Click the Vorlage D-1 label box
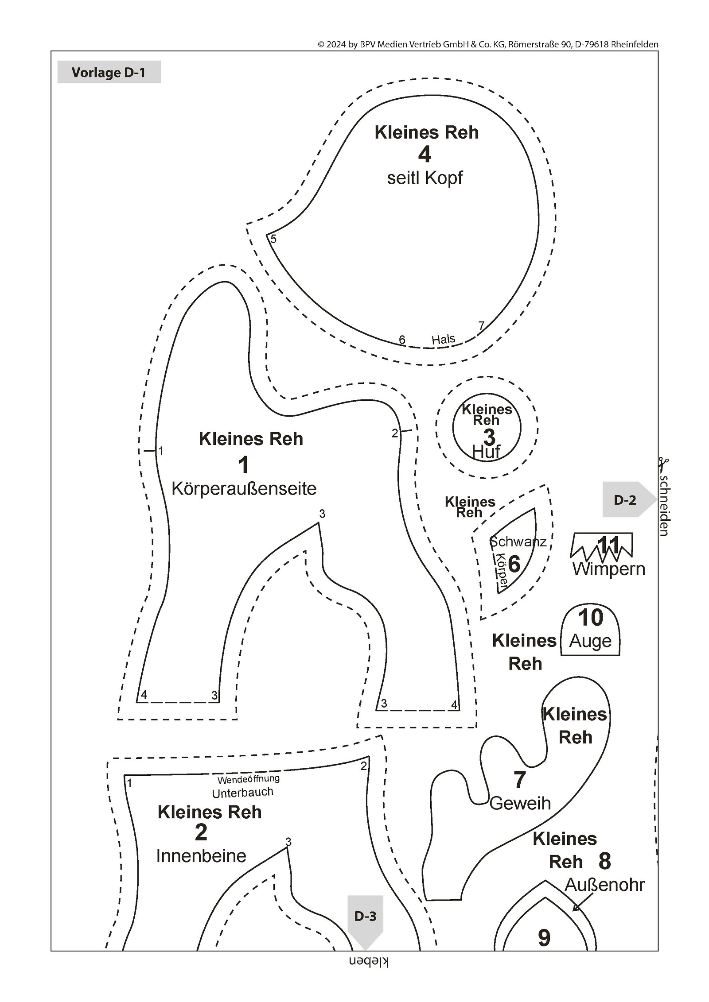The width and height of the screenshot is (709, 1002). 109,72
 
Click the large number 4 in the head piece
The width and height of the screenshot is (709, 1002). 425,155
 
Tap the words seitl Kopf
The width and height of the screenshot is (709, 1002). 425,178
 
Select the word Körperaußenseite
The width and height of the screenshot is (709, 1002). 244,489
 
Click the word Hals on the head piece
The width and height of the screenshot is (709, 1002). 443,340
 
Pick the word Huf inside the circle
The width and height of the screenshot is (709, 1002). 486,452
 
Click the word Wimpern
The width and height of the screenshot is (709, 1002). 608,569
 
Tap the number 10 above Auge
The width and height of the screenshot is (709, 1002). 591,618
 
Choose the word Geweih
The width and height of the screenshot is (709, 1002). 520,803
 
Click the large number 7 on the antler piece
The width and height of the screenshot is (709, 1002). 519,780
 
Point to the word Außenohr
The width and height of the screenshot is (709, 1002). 604,885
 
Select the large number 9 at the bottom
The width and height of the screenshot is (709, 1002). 544,937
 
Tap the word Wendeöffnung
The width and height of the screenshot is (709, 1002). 248,778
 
